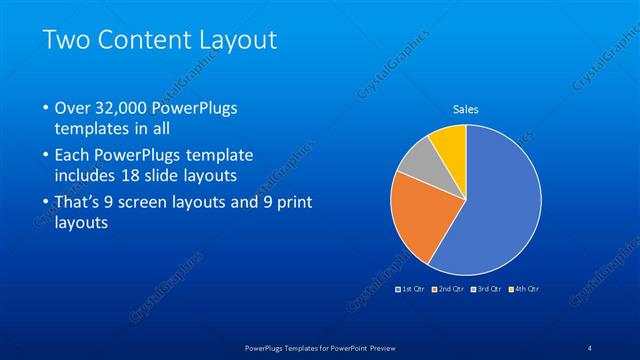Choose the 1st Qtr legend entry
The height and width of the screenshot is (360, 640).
click(x=413, y=288)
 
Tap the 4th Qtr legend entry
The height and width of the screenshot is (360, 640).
click(x=526, y=288)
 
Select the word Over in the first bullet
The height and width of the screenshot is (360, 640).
click(x=73, y=108)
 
